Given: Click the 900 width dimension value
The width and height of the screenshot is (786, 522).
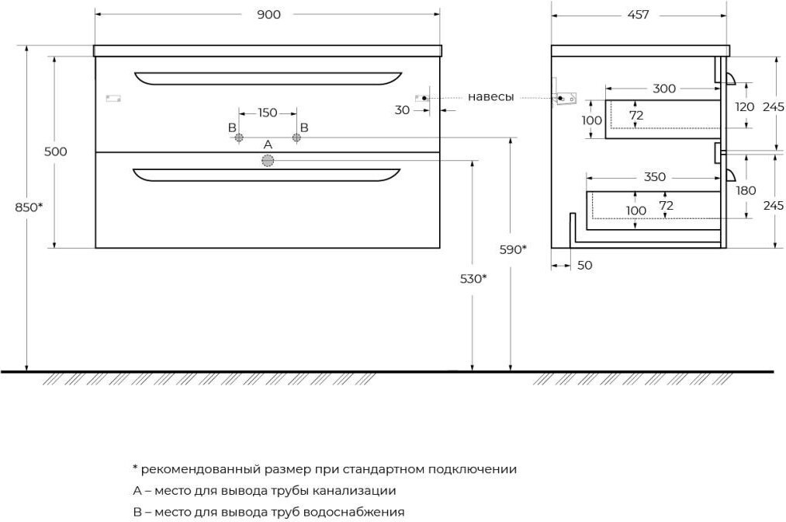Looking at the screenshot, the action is point(268,15).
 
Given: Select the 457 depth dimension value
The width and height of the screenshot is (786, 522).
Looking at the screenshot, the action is point(638,15).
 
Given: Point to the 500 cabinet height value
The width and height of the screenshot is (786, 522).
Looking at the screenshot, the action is point(55,151).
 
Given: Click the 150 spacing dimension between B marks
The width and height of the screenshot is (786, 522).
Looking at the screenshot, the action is point(267,113).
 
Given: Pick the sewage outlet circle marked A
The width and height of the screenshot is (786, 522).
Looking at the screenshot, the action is point(268,161).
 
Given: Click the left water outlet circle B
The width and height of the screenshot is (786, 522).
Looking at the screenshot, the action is point(239,137).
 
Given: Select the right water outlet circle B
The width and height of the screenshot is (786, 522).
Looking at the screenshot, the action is point(296,137).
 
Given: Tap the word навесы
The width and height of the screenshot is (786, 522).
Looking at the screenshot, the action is point(490,97).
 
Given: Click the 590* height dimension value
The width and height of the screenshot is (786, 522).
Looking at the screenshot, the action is point(513,249).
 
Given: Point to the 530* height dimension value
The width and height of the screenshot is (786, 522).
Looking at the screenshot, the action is point(473,279).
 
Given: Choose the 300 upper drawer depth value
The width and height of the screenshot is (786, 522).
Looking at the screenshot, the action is point(664,89).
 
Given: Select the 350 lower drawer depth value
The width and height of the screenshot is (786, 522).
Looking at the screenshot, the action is point(655,177).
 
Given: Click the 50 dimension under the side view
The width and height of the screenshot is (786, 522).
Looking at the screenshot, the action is point(584,266).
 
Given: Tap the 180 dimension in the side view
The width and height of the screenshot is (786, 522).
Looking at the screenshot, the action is point(746,191).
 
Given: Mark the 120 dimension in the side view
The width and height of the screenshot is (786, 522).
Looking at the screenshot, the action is point(744,107).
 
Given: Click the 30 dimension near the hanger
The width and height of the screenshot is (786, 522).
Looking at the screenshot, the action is point(402,110).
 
